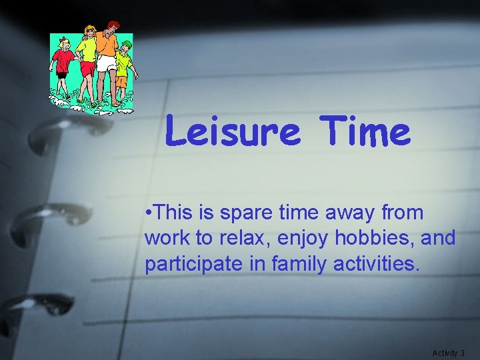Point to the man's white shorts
[106, 63]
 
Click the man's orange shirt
[107, 43]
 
